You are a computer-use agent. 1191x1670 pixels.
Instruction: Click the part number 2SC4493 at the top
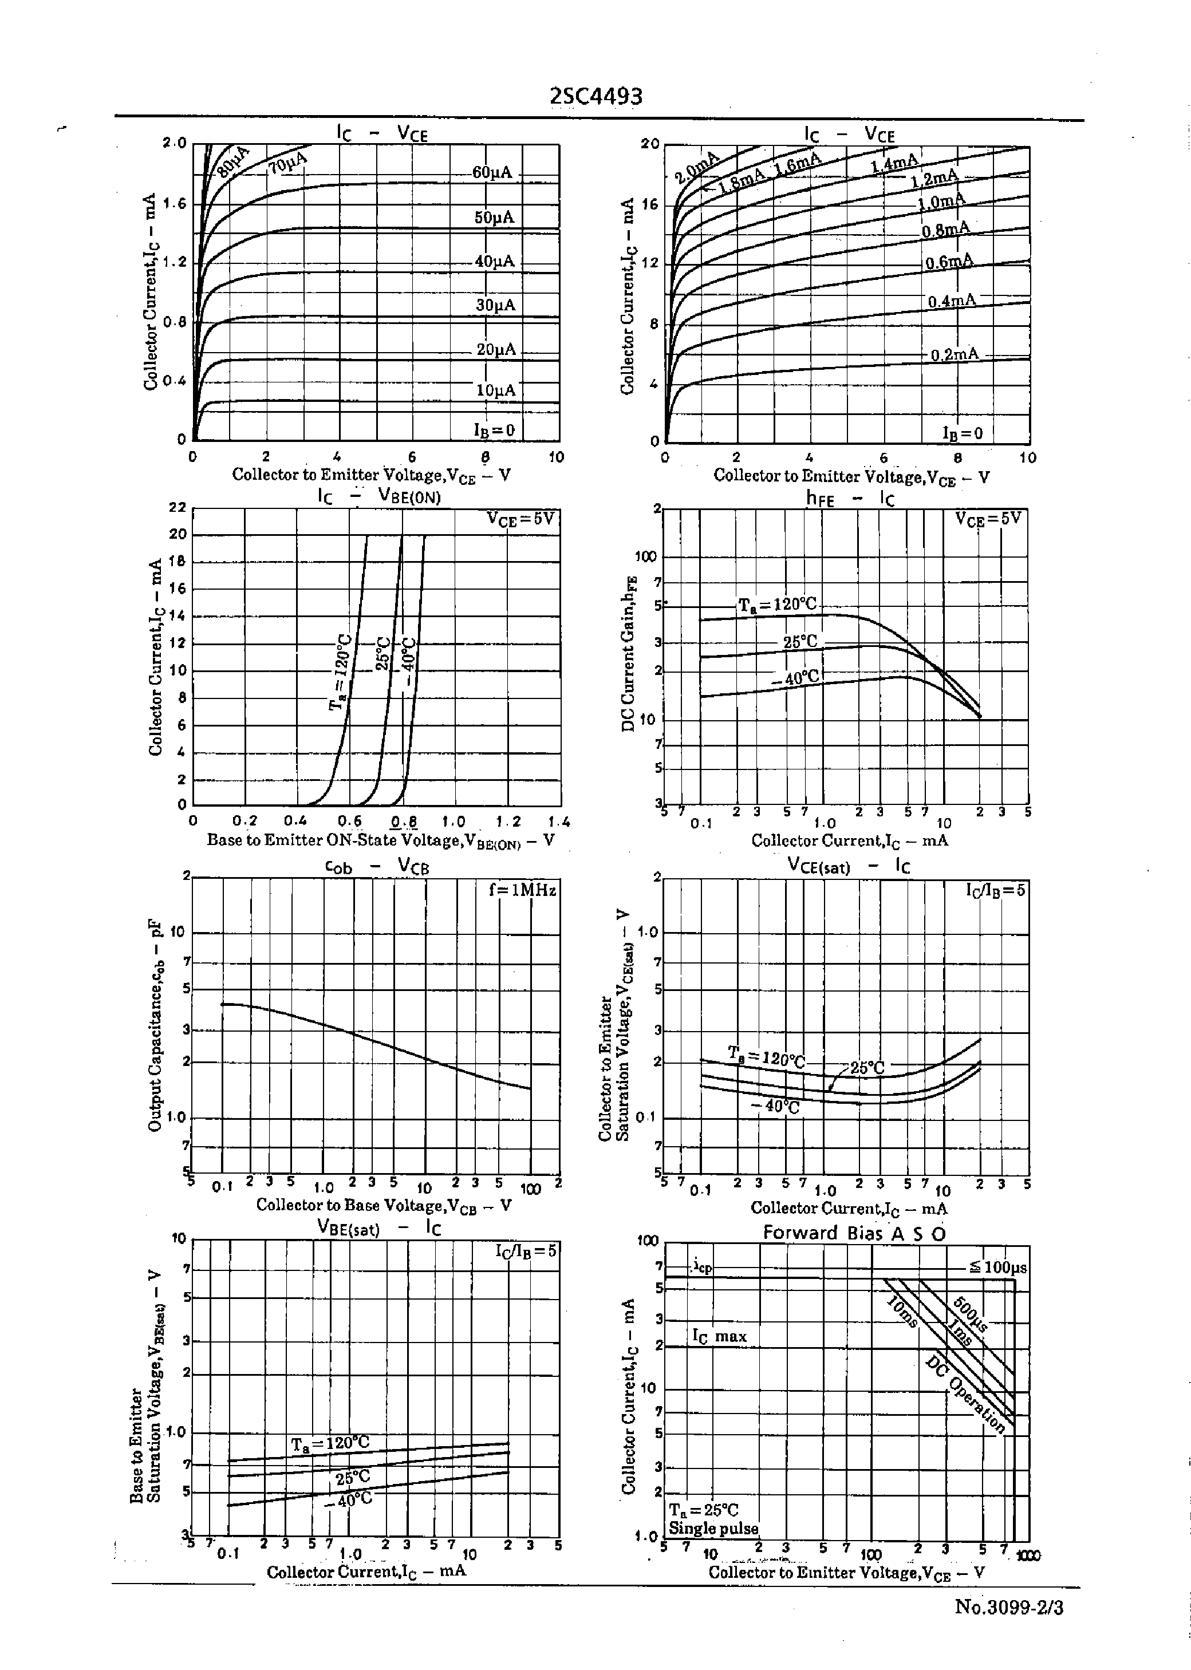click(595, 96)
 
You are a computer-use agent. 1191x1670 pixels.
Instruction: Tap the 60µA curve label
click(492, 173)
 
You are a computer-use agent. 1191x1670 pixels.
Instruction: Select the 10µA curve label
click(496, 390)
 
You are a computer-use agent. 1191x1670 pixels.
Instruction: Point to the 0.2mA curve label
click(954, 355)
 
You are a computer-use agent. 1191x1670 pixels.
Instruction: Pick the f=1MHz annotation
click(522, 890)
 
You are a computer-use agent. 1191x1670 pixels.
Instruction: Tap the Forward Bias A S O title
click(854, 1233)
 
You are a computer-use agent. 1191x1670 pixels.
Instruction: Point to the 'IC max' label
click(719, 1336)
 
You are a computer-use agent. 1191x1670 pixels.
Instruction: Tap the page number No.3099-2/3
click(1008, 1607)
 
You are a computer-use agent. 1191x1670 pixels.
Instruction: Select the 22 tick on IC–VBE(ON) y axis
click(178, 507)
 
